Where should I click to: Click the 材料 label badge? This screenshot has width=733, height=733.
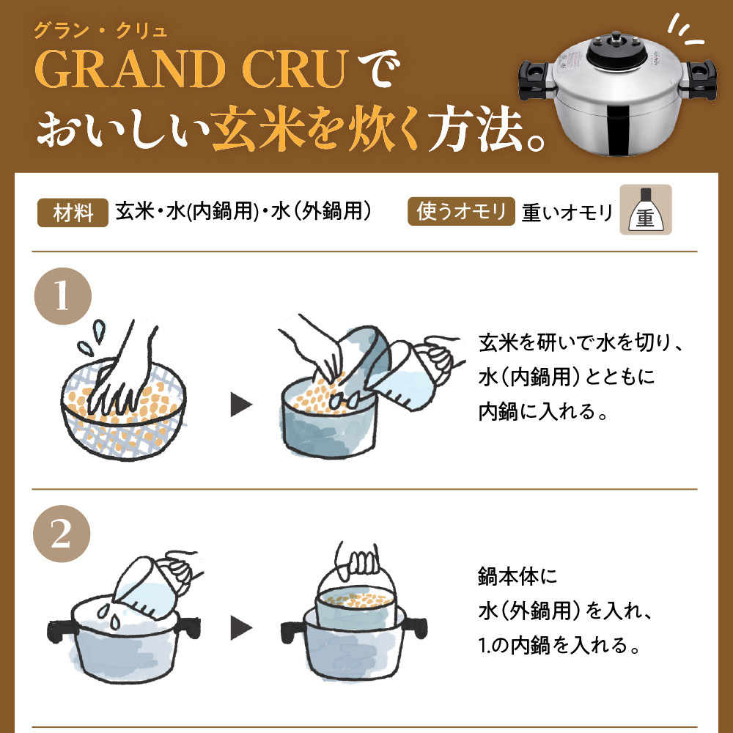73,213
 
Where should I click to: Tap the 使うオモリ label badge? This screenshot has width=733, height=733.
461,211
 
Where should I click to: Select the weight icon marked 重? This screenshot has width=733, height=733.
646,210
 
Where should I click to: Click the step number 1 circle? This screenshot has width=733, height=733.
62,296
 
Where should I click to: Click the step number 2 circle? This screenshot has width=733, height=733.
62,534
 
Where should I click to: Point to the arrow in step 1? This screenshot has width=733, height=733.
241,405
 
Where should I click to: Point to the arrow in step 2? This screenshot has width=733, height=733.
241,628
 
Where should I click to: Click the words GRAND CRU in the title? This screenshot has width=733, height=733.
192,69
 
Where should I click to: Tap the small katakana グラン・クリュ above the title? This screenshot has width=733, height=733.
100,32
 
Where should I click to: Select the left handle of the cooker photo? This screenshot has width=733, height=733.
537,80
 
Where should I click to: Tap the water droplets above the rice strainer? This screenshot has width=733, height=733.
92,337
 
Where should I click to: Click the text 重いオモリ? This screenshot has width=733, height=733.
567,213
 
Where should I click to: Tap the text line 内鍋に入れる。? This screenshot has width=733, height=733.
542,412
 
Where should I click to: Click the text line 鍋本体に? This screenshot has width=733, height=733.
518,576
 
